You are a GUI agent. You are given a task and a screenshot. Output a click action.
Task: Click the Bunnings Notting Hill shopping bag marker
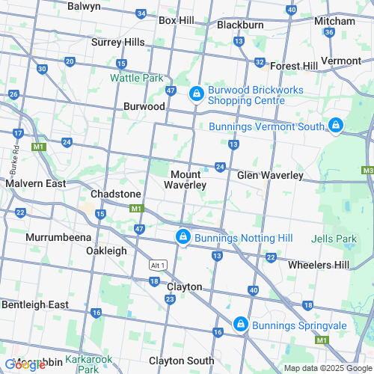click(x=183, y=237)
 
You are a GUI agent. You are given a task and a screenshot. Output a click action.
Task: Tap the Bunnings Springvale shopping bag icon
click(x=240, y=324)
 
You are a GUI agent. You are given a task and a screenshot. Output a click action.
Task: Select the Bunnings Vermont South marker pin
click(x=336, y=125)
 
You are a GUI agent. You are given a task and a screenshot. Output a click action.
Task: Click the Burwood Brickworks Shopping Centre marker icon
click(x=195, y=93)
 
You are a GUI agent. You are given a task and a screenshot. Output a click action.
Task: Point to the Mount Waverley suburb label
click(x=186, y=180)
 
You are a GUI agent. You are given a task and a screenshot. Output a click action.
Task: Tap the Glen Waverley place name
click(x=270, y=175)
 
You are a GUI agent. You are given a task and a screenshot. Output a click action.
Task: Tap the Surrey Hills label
click(x=117, y=42)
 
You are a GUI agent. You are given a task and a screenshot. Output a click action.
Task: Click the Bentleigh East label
click(x=35, y=304)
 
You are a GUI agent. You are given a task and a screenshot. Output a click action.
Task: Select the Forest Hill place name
click(x=294, y=65)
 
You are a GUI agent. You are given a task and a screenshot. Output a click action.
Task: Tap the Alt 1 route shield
click(x=156, y=265)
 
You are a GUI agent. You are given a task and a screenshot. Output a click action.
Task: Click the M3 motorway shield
click(x=367, y=171)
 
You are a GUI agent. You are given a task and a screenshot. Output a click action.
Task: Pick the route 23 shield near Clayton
click(x=170, y=298)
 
